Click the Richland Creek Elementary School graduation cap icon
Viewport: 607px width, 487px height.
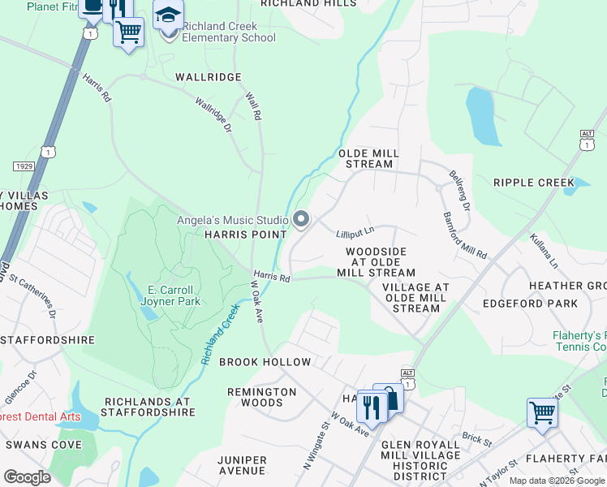tap(168, 16)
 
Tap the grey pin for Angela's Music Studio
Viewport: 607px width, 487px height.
tap(301, 219)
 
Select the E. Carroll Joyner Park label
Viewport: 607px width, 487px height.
tap(170, 295)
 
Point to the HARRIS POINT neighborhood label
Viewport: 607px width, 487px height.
tap(244, 235)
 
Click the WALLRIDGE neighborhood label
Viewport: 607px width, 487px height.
tap(209, 77)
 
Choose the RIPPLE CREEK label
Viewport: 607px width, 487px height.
tap(533, 183)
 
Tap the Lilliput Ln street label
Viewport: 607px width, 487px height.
tap(355, 234)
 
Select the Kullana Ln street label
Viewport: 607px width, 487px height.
tap(544, 252)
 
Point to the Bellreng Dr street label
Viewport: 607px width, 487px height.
tap(459, 190)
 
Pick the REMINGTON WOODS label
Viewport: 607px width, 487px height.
tap(262, 397)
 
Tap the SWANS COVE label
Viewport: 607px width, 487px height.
tap(44, 445)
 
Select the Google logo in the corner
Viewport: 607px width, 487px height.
tap(28, 476)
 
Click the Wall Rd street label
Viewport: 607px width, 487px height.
tap(253, 106)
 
